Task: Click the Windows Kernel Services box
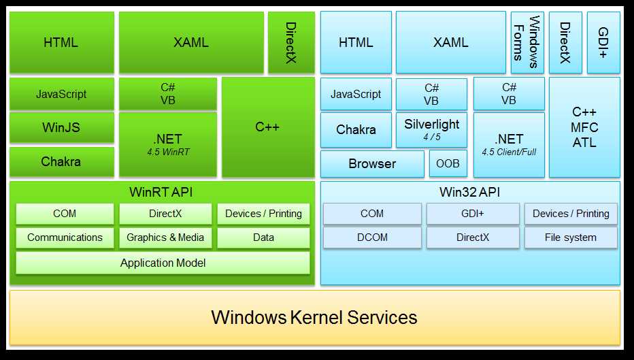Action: coord(314,317)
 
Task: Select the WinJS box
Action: coord(62,127)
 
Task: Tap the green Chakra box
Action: coord(62,161)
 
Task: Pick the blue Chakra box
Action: coord(356,129)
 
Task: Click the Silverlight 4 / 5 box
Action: coord(431,129)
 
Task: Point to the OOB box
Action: coord(448,163)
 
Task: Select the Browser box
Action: coord(372,163)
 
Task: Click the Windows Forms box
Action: coord(527,42)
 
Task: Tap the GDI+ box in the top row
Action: coord(603,42)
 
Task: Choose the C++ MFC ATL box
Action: coord(584,127)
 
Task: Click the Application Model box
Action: coord(163,263)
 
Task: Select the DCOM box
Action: coord(372,238)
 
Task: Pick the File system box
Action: coord(571,238)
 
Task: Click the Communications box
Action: coord(65,238)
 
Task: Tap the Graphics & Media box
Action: coord(165,238)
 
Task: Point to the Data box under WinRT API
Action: coord(263,238)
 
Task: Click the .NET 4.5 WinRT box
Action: coord(168,144)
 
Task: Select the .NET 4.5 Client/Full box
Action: coord(509,144)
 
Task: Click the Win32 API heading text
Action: coord(470,192)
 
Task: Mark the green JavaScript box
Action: coord(62,94)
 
